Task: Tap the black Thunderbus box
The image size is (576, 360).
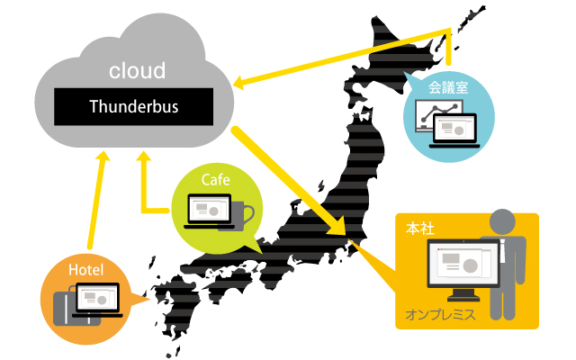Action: [134, 107]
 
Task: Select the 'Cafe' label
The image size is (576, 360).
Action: [215, 180]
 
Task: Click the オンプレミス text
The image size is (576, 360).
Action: [440, 316]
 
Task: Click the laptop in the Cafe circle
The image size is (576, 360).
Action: [208, 212]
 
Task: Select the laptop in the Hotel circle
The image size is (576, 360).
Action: [98, 299]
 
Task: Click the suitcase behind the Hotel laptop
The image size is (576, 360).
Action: [65, 306]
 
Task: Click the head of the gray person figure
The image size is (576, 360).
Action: [502, 222]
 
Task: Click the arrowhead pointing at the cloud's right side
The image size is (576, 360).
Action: [238, 85]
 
